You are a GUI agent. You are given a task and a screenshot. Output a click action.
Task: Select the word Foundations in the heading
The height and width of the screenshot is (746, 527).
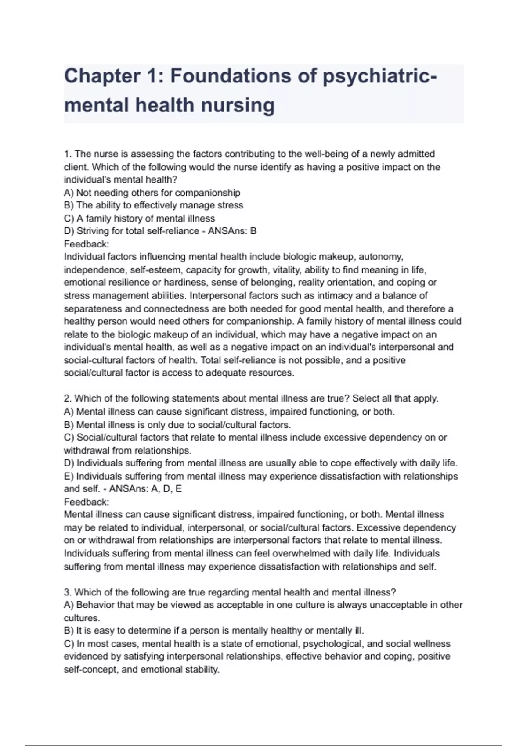230,76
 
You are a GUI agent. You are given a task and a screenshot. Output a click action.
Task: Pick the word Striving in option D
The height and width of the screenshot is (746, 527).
94,231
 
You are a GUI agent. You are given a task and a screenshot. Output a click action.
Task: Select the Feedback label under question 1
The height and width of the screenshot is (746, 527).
86,244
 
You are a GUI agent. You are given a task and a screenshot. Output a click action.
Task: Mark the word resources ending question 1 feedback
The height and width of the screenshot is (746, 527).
271,373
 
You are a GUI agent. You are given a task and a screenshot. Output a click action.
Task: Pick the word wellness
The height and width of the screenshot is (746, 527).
432,644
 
